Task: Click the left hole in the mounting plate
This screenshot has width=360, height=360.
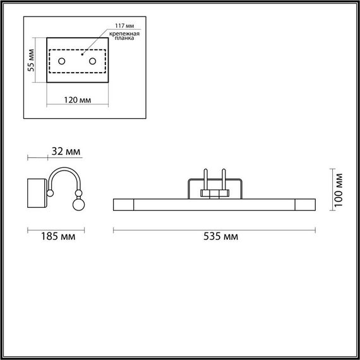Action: click(x=62, y=61)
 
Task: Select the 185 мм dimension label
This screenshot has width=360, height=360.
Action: click(x=55, y=237)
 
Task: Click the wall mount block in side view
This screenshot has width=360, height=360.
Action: click(x=37, y=193)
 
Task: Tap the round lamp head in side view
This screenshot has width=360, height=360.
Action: click(x=80, y=204)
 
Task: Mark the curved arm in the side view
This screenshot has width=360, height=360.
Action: click(x=63, y=176)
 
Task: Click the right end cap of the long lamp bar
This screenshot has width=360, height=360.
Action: click(x=306, y=204)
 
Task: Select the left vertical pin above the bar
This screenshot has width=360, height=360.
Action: click(x=206, y=178)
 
